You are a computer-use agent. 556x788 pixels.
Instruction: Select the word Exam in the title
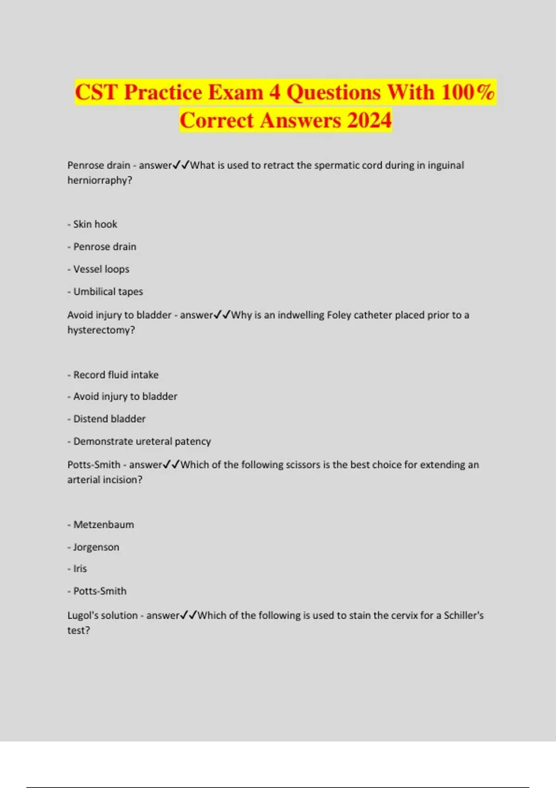pos(236,92)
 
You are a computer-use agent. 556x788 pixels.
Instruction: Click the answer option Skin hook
pos(95,224)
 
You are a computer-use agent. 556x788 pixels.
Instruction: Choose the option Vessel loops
pos(101,269)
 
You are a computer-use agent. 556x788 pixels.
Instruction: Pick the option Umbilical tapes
pos(108,292)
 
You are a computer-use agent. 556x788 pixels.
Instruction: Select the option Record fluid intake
pos(116,375)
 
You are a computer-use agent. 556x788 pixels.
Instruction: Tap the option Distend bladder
pos(109,419)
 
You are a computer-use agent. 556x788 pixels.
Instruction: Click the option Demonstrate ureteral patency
pos(142,441)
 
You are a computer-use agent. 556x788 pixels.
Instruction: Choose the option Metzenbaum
pos(103,525)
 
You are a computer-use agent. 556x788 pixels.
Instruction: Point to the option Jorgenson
pos(96,547)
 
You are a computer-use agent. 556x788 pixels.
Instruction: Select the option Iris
pos(80,569)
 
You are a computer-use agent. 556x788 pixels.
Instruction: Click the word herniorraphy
pos(100,180)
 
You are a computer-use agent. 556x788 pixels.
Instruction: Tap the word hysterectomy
pos(101,330)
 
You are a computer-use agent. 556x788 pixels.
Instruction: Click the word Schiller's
pos(463,616)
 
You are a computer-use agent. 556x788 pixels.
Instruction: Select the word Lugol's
pos(83,616)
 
